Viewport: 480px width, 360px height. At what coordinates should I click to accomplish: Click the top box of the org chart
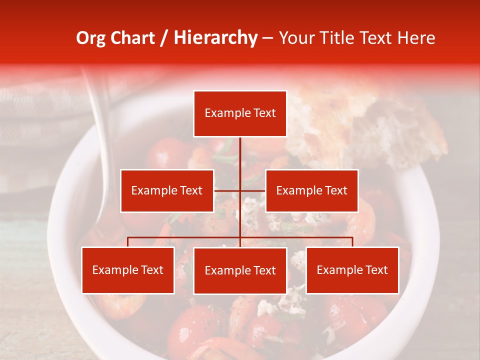(240, 113)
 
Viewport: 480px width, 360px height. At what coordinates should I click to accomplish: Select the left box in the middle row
(167, 190)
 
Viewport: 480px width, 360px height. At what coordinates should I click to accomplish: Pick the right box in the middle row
(311, 190)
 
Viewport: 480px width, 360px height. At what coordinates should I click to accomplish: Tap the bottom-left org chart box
(128, 270)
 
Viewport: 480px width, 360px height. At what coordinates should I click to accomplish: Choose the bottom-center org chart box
(240, 271)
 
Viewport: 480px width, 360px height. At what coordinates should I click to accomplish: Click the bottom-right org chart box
(352, 270)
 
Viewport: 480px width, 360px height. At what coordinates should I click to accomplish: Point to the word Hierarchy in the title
(215, 38)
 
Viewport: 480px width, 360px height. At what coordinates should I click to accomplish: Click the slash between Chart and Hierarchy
(164, 38)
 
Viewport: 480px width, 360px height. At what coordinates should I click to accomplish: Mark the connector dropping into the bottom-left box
(128, 242)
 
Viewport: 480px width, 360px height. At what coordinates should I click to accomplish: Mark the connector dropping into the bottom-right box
(352, 242)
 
